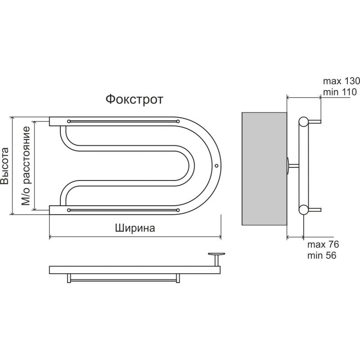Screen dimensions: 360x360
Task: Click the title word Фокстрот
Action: coord(134,99)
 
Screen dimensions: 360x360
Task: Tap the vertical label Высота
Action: coord(4,166)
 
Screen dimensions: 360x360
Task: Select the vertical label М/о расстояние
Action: coord(26,166)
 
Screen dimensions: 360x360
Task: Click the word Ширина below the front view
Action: coord(135,228)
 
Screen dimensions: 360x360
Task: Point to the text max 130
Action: coord(342,81)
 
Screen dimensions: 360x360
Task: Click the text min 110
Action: coord(340,92)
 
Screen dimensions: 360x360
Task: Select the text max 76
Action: coord(323,244)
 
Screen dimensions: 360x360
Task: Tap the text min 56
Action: coord(322,255)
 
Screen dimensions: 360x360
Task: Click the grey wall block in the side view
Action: coord(264,169)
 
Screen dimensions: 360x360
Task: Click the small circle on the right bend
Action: coord(216,166)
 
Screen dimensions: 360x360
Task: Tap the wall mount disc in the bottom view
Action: coord(216,254)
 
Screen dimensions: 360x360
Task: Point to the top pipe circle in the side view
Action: coord(303,121)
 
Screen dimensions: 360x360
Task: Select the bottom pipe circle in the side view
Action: coord(303,210)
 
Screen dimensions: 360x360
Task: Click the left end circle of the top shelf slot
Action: coord(69,121)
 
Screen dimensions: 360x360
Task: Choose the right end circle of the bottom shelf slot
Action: coord(178,210)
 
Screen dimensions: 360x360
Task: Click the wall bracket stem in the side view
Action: coord(294,166)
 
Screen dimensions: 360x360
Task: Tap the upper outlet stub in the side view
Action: coord(315,121)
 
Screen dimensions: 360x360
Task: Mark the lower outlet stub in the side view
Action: coord(315,210)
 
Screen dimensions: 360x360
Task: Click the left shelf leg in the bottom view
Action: coord(69,278)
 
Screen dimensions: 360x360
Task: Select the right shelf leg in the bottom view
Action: coord(178,278)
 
